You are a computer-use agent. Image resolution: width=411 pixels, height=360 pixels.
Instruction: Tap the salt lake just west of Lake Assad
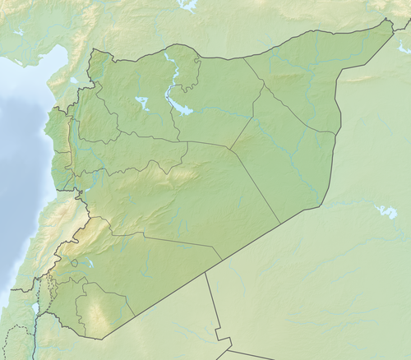pos(142,104)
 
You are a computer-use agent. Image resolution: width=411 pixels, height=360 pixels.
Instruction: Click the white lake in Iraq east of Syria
pos(385,212)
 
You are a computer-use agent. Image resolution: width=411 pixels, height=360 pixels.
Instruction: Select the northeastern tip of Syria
pos(390,21)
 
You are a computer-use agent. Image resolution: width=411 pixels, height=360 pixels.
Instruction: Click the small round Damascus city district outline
pos(74,263)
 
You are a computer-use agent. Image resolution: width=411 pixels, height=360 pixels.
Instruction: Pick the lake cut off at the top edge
pos(188,4)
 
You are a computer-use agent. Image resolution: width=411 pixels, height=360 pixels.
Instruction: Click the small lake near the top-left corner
pos(18,32)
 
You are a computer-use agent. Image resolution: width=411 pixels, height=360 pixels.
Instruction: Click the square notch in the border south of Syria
pos(220,336)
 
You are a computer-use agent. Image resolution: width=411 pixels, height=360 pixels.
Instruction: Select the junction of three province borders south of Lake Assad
pos(187,142)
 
